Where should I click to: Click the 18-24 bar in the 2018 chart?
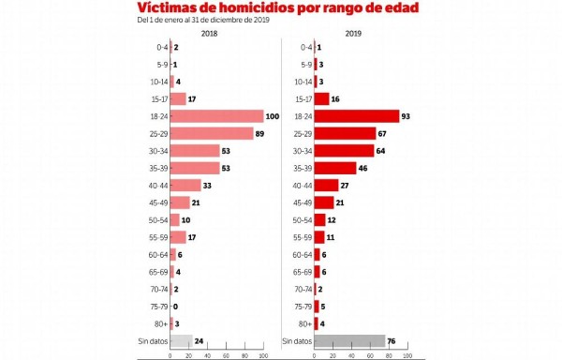217,116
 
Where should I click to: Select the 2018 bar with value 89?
212,133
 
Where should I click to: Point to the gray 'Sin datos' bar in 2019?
349,341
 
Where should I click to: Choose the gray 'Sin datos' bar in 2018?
181,341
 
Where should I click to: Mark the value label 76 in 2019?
394,341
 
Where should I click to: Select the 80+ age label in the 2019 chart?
302,324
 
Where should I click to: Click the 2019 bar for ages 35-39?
335,168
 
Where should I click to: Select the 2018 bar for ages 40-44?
185,186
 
